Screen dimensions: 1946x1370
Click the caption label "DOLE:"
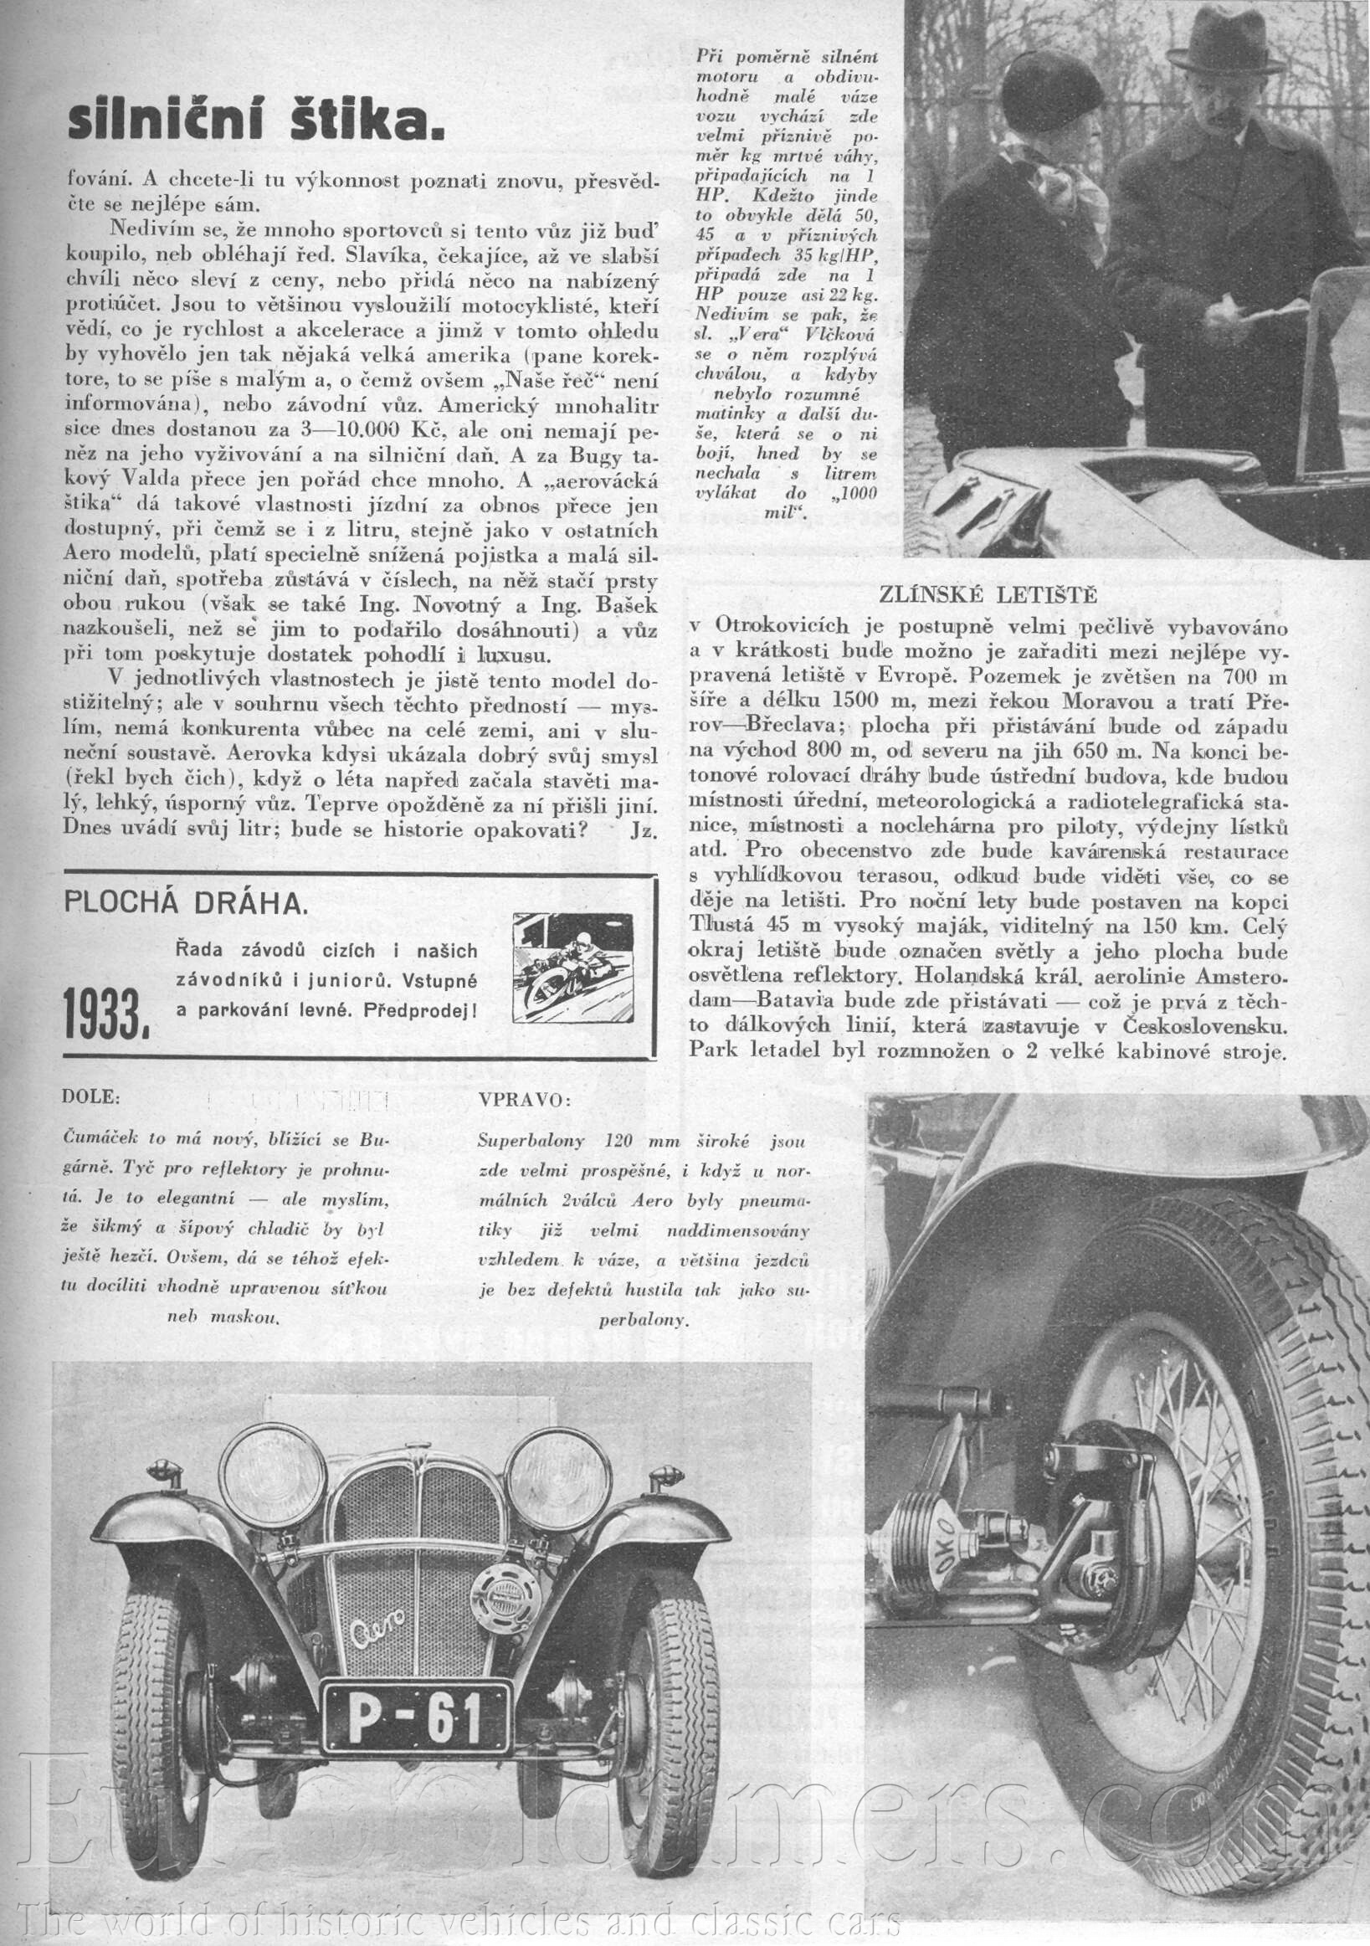(x=91, y=1097)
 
